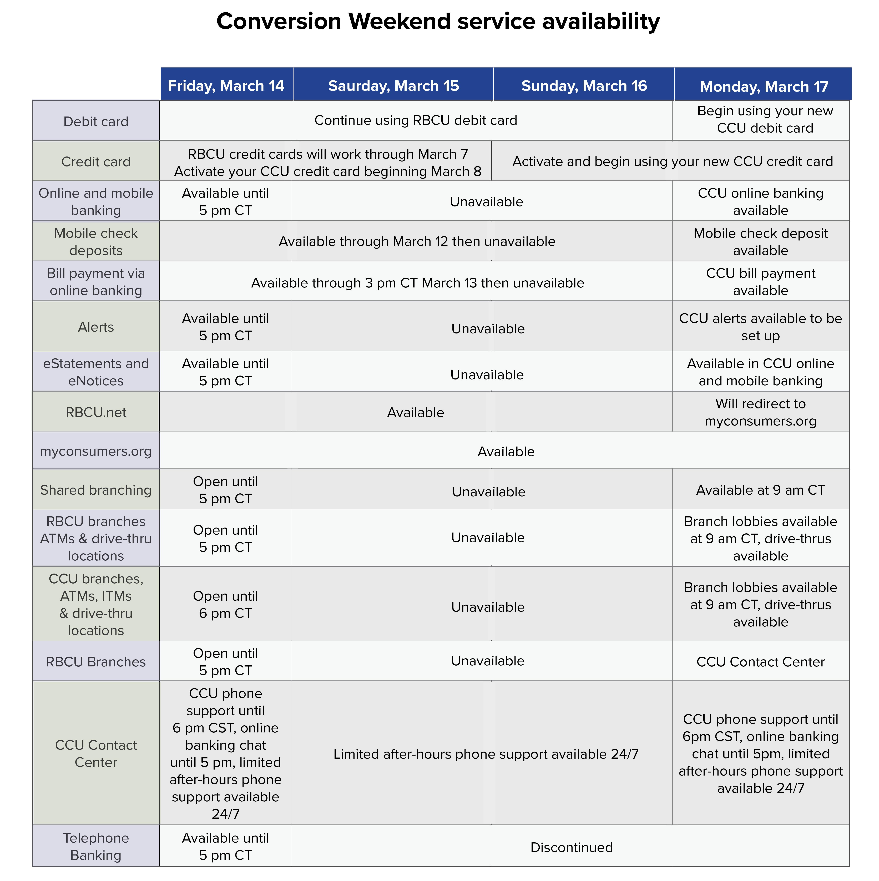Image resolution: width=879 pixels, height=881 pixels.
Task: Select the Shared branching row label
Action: (96, 490)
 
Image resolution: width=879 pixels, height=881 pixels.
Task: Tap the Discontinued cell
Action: (571, 847)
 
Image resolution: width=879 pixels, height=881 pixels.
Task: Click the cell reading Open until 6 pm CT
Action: (225, 604)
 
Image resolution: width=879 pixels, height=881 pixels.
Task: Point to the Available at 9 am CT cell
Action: (760, 490)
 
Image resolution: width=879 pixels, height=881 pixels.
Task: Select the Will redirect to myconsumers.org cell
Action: (760, 412)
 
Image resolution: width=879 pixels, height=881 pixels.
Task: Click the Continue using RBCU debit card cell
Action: (416, 120)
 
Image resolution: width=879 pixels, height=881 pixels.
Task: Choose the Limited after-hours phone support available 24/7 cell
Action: (486, 754)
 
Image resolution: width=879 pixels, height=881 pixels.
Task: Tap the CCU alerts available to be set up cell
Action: (760, 327)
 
